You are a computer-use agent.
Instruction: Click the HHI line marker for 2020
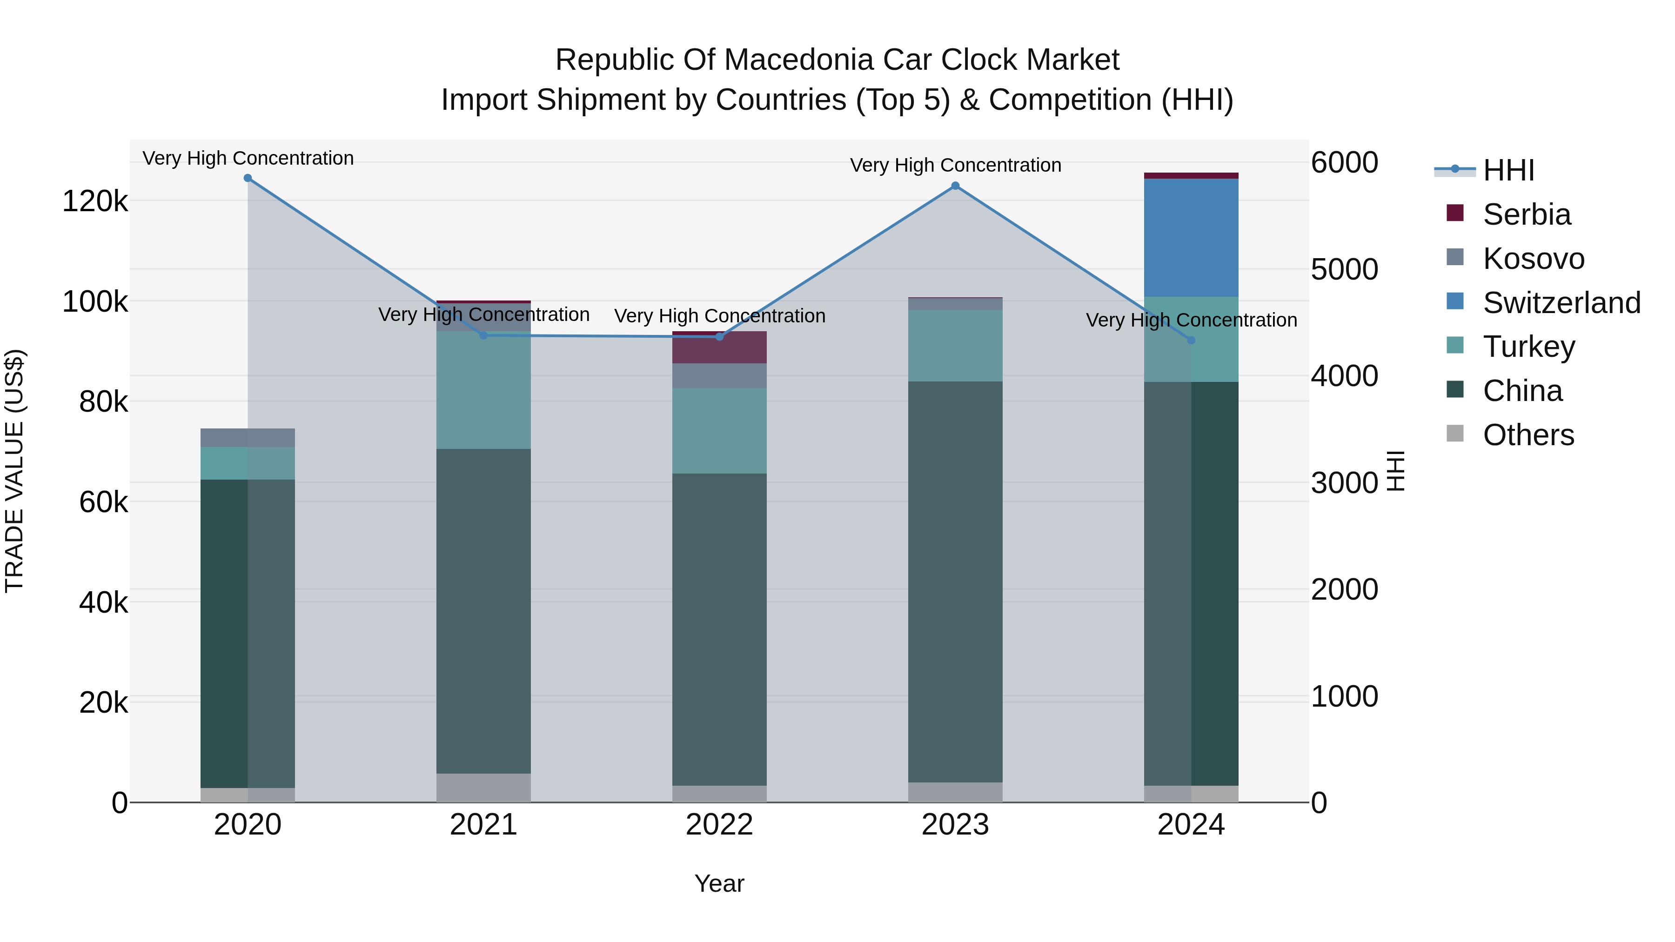click(248, 178)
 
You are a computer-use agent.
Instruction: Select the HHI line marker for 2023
click(955, 186)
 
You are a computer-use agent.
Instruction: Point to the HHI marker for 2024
click(1191, 340)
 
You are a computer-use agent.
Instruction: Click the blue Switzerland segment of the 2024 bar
click(1191, 237)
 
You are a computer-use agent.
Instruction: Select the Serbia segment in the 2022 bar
click(719, 348)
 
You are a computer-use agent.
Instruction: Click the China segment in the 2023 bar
click(955, 582)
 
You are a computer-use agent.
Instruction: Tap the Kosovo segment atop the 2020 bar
click(248, 438)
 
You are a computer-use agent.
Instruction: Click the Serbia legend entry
click(1526, 214)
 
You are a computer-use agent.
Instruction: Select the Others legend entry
click(1528, 435)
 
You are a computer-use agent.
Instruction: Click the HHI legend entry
click(1508, 170)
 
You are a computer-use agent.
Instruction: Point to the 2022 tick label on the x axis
click(719, 825)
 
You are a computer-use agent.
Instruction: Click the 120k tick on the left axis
click(95, 201)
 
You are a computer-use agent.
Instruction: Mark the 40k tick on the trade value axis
click(103, 602)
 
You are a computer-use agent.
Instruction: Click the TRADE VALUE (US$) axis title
click(15, 471)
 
